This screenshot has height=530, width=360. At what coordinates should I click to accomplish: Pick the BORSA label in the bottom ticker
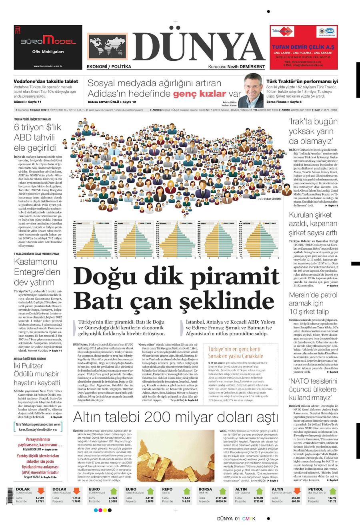(x=206, y=489)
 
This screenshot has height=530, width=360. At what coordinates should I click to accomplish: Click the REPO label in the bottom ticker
(x=167, y=489)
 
